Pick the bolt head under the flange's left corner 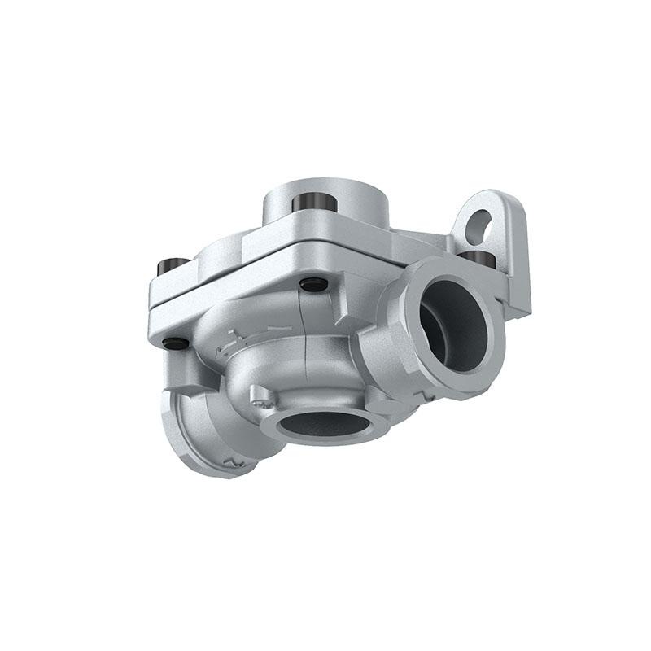click(x=173, y=343)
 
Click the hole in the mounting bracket click(x=481, y=221)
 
